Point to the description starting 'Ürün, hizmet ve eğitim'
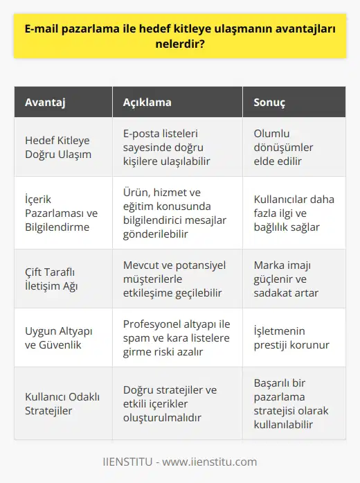click(168, 211)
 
